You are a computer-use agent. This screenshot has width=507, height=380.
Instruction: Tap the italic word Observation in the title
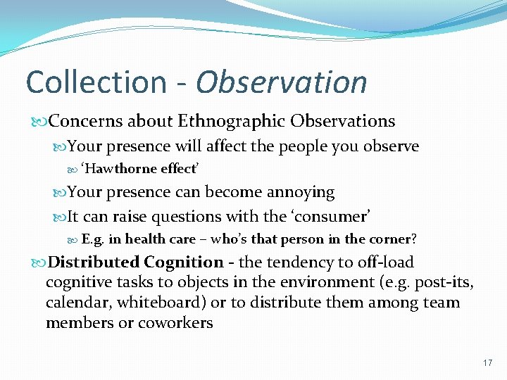pyautogui.click(x=282, y=82)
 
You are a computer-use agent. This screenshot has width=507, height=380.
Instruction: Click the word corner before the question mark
pyautogui.click(x=391, y=239)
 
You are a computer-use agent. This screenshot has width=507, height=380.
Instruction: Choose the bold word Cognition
pyautogui.click(x=184, y=262)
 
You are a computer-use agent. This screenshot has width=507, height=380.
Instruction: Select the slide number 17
pyautogui.click(x=487, y=363)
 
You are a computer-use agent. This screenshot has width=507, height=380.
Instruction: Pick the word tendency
pyautogui.click(x=299, y=262)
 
